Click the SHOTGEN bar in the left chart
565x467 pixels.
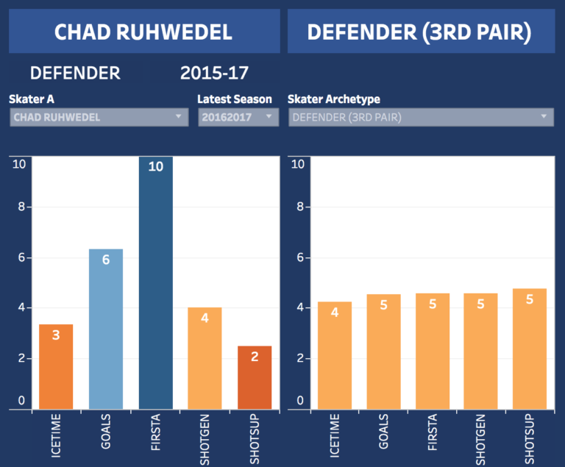pos(205,358)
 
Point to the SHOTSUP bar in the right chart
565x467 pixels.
pos(530,349)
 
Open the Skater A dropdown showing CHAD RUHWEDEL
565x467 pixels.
pos(99,117)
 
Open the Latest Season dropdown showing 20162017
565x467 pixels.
pos(238,117)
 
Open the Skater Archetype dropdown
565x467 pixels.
pos(420,117)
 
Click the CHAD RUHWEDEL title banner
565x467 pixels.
pos(143,32)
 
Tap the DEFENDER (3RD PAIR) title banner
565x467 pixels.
pos(419,32)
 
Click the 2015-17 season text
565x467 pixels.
pos(214,73)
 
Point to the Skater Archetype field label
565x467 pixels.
pos(334,99)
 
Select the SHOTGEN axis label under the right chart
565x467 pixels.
pos(481,438)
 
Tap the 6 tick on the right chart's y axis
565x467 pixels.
pos(298,257)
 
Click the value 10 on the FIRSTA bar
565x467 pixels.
pos(155,166)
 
